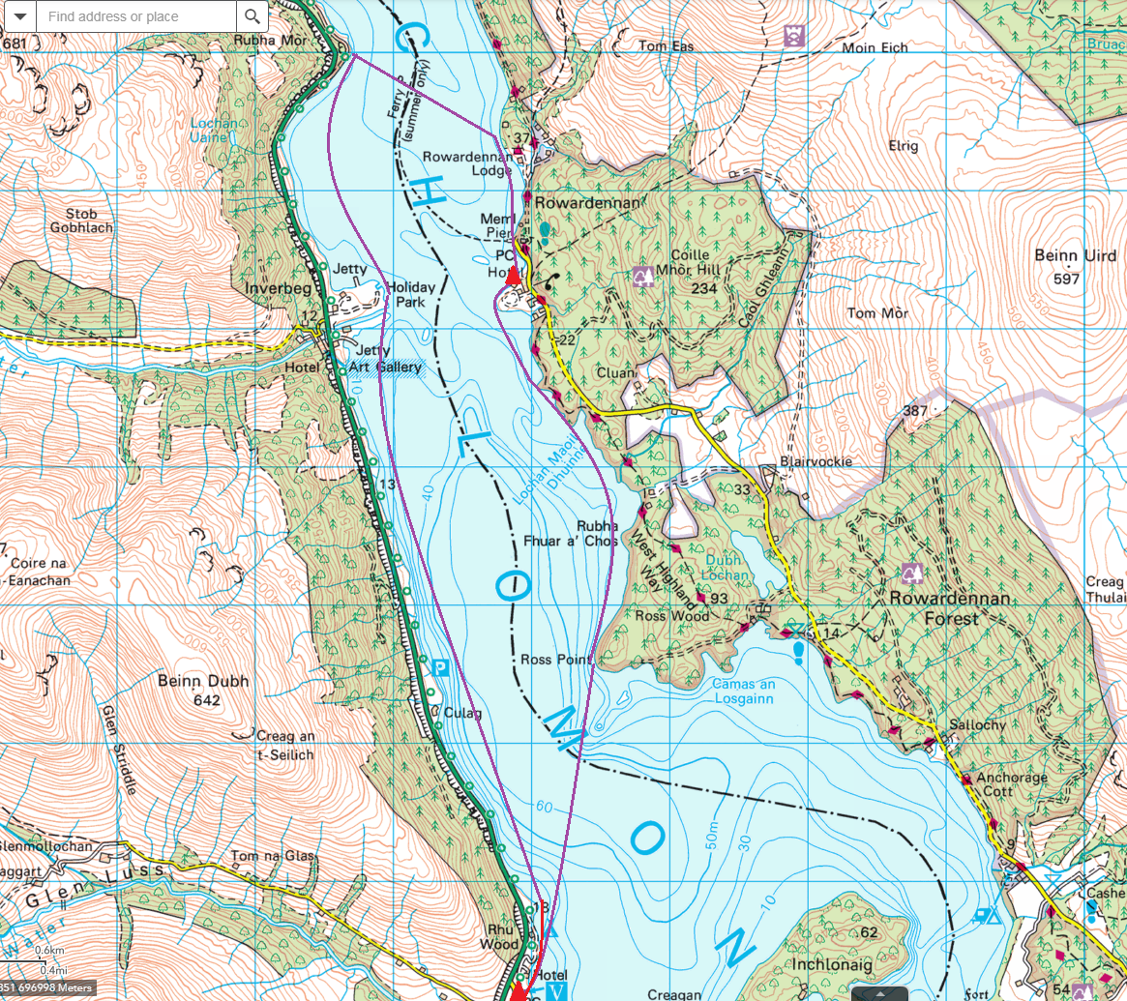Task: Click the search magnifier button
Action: coord(252,16)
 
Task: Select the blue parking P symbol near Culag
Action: coord(440,666)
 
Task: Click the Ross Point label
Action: coord(555,660)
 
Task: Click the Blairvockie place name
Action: coord(816,461)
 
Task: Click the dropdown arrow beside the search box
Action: coord(18,16)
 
